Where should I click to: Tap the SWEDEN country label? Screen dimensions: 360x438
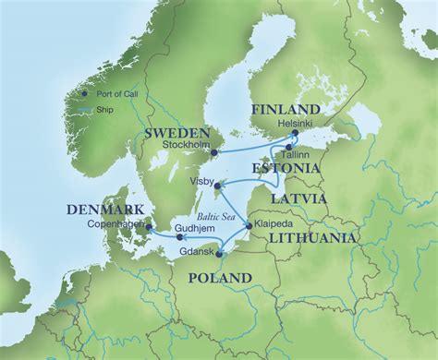[176, 134]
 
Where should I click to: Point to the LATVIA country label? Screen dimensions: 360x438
[298, 198]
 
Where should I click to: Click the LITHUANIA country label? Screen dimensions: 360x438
[310, 237]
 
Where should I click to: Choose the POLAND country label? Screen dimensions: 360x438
[219, 278]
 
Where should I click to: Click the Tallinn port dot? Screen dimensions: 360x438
[289, 147]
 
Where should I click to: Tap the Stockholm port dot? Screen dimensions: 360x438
[214, 152]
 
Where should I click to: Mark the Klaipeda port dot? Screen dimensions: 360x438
[248, 225]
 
